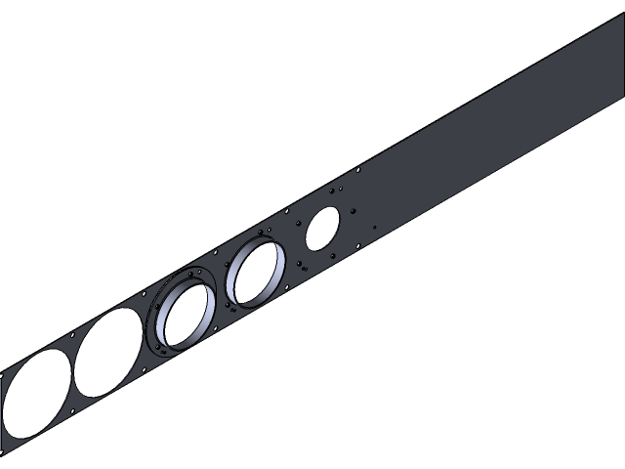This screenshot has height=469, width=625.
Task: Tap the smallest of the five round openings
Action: (322, 228)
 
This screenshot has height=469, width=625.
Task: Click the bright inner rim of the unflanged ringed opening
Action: (274, 278)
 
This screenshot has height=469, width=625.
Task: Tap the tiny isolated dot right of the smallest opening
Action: (374, 228)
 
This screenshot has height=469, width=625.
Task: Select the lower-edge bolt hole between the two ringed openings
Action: (231, 309)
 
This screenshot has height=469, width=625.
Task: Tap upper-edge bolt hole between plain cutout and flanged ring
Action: (145, 292)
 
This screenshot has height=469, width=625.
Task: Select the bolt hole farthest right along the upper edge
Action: (358, 170)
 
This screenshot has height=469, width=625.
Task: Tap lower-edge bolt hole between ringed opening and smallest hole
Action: (304, 271)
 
